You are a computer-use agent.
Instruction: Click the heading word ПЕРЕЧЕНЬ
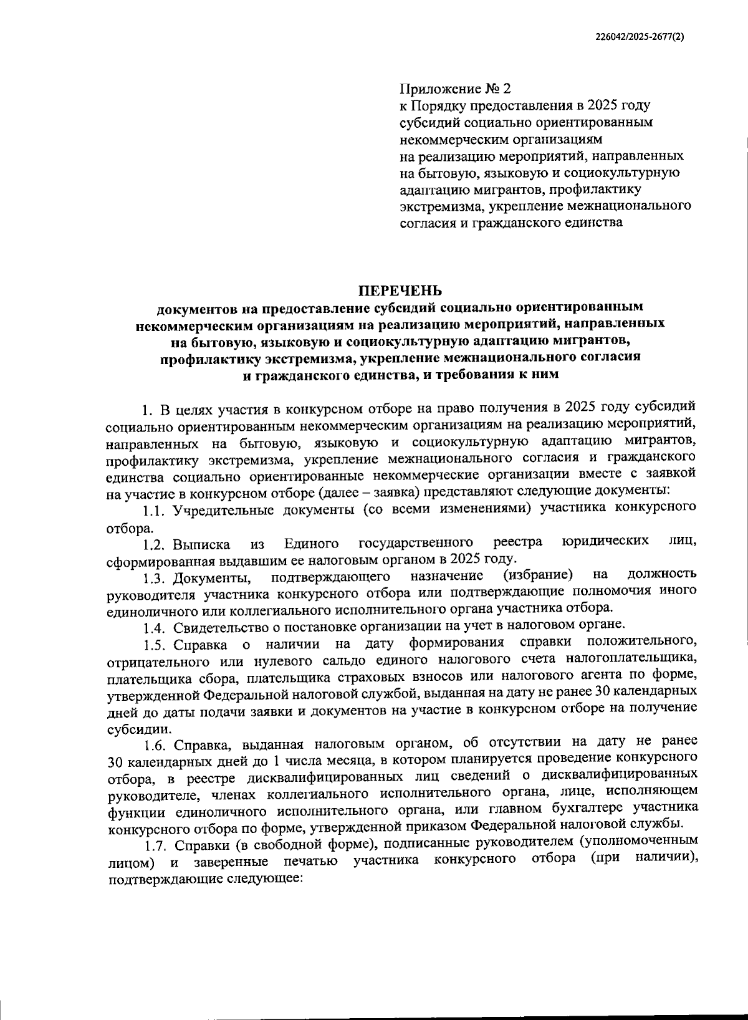(x=400, y=291)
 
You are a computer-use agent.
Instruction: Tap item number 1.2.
(x=155, y=545)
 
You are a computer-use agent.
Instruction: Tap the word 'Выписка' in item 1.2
(x=202, y=545)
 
